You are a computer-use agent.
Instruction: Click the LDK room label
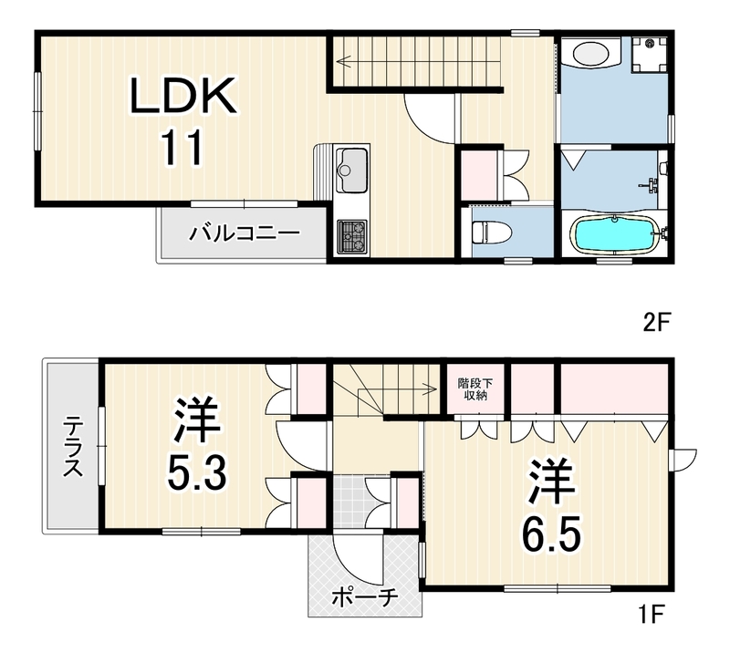[183, 96]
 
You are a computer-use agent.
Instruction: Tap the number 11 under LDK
[182, 147]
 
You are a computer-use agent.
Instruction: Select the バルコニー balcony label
[245, 233]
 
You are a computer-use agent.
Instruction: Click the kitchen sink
[351, 170]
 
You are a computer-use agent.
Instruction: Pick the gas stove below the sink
[351, 237]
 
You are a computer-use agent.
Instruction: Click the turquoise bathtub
[614, 235]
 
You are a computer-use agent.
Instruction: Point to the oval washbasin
[590, 54]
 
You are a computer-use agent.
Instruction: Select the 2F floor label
[656, 323]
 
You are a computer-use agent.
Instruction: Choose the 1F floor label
[652, 615]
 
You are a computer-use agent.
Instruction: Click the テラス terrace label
[73, 447]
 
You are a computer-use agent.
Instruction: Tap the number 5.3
[197, 473]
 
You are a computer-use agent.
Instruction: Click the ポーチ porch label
[365, 597]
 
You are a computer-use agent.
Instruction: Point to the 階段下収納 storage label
[475, 389]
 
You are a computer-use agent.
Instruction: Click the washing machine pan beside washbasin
[650, 55]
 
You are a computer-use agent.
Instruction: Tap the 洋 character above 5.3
[196, 420]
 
